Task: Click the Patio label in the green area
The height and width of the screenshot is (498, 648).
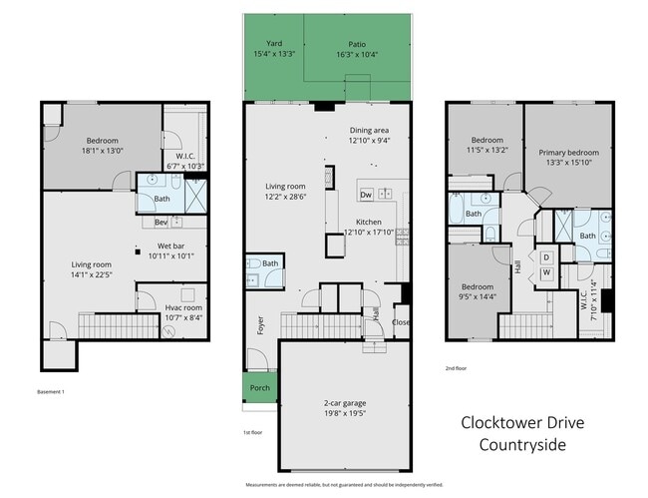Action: pos(357,44)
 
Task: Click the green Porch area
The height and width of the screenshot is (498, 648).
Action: pos(259,388)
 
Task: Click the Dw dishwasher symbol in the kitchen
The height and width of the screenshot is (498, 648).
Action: pos(366,194)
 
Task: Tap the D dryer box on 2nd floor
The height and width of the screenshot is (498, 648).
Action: pos(546,256)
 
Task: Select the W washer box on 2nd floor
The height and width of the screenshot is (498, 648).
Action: pos(546,272)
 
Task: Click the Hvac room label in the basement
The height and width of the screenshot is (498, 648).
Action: pos(183,308)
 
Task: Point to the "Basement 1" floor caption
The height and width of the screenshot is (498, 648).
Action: pos(51,391)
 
